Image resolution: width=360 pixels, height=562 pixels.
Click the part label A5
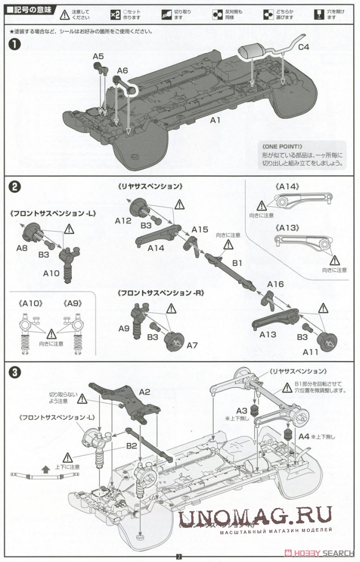[x=98, y=56]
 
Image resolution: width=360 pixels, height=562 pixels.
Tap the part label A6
[x=122, y=71]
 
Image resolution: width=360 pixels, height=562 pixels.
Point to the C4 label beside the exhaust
[x=304, y=47]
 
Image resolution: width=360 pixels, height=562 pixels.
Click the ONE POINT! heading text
[x=282, y=147]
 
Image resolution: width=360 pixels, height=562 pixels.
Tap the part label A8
[x=22, y=248]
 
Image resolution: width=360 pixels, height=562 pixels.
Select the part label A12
[x=123, y=220]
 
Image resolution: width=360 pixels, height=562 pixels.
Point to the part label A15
[x=200, y=229]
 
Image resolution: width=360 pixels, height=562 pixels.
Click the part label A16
[x=275, y=284]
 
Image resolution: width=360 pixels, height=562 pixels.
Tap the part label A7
[x=192, y=345]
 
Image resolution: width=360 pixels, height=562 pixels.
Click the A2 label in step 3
[x=145, y=392]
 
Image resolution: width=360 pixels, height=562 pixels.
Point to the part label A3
[x=242, y=410]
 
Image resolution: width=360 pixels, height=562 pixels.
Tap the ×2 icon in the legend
[x=115, y=14]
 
